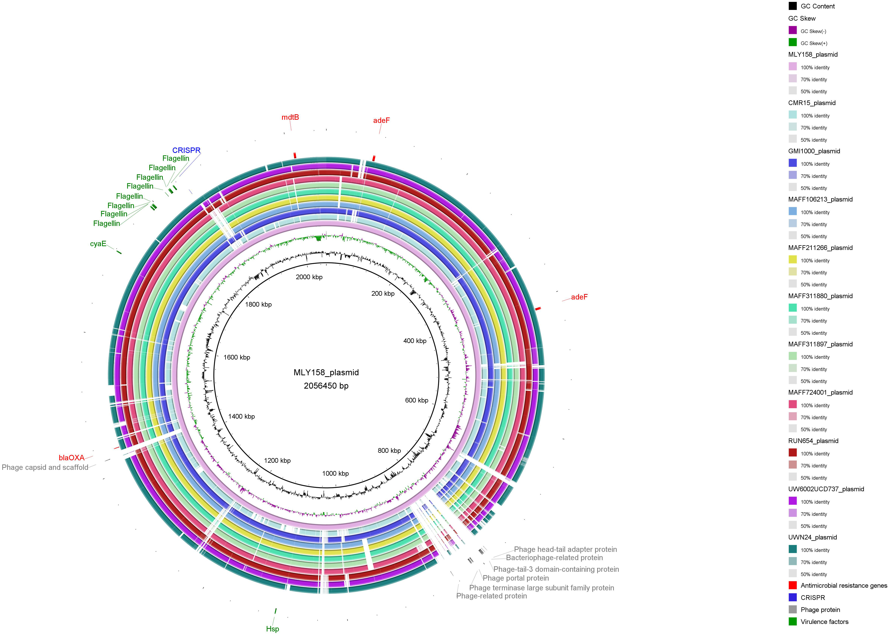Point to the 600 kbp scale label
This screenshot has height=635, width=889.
pos(417,400)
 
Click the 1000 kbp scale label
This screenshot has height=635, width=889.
pos(335,473)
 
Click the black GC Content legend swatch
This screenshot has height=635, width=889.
pos(792,6)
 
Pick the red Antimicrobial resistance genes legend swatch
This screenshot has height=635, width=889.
pos(792,585)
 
